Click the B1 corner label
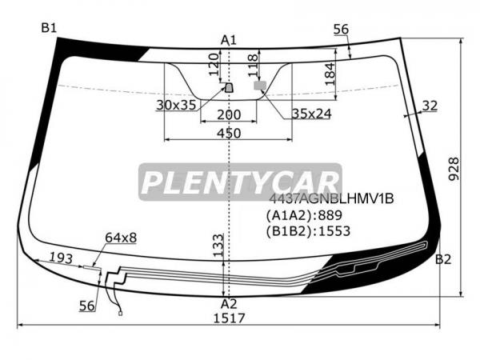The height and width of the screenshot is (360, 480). coord(49,28)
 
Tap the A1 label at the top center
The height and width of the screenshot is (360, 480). coord(229,40)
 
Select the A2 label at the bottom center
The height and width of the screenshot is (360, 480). coord(229,304)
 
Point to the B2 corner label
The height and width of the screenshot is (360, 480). coord(443,259)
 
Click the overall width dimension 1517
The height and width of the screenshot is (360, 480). coord(229,318)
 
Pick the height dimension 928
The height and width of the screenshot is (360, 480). coord(454,169)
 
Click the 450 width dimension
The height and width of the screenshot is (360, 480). coord(229,133)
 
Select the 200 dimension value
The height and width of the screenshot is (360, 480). coord(229,114)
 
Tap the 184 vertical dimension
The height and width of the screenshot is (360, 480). coord(330,74)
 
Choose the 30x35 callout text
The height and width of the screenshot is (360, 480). coord(176,105)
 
